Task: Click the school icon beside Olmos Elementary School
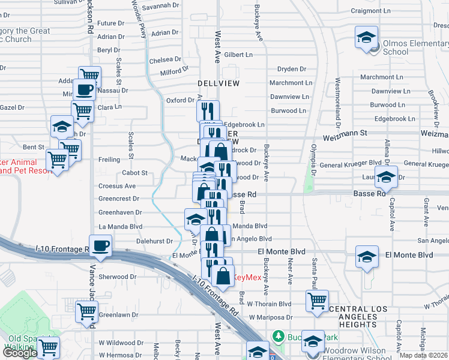[366, 37]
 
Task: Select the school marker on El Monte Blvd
[366, 257]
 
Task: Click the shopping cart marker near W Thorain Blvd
[317, 301]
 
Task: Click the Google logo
[20, 352]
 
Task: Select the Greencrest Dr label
[119, 199]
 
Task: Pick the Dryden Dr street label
[292, 69]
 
